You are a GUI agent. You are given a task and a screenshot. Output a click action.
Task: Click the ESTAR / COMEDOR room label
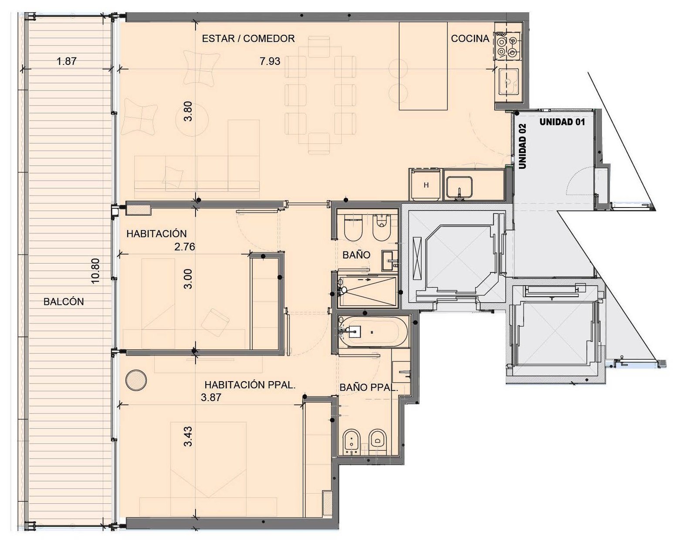tap(248, 39)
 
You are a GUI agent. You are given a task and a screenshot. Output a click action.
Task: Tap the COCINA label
tap(470, 39)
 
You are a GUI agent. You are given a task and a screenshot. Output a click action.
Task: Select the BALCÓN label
tap(64, 302)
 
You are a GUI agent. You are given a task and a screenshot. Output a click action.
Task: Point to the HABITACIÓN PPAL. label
tap(250, 385)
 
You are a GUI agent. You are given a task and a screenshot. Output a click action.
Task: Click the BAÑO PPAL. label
tap(368, 387)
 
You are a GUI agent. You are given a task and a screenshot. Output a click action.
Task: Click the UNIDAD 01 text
tap(562, 122)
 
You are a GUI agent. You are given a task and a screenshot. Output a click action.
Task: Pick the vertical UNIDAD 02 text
tap(522, 146)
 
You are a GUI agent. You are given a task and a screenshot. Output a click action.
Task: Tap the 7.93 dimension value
tap(270, 61)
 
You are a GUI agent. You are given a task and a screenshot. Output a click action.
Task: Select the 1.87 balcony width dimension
tap(66, 61)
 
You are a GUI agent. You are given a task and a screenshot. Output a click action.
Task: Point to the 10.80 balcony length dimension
tap(95, 271)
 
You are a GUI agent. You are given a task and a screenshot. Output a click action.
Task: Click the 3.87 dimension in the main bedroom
tap(211, 397)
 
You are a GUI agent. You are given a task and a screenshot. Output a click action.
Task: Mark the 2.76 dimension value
tap(185, 247)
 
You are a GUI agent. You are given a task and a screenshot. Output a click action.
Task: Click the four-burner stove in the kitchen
tap(507, 46)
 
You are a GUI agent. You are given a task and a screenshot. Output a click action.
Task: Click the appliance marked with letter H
tap(426, 185)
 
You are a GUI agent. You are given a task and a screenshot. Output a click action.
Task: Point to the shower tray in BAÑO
tap(367, 291)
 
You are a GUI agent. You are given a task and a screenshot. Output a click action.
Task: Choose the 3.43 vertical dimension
tap(188, 436)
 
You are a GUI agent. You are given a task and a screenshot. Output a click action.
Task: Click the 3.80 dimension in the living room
tap(188, 111)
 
